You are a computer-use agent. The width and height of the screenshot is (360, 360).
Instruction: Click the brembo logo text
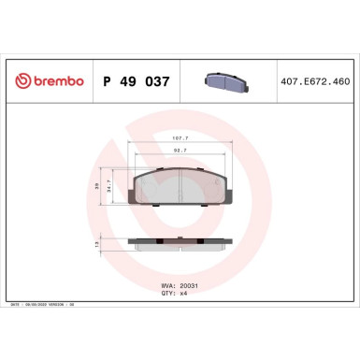(57, 81)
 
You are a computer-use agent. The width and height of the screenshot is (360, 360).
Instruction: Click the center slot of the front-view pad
(180, 187)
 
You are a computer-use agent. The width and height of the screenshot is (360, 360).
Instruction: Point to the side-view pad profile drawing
(180, 243)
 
